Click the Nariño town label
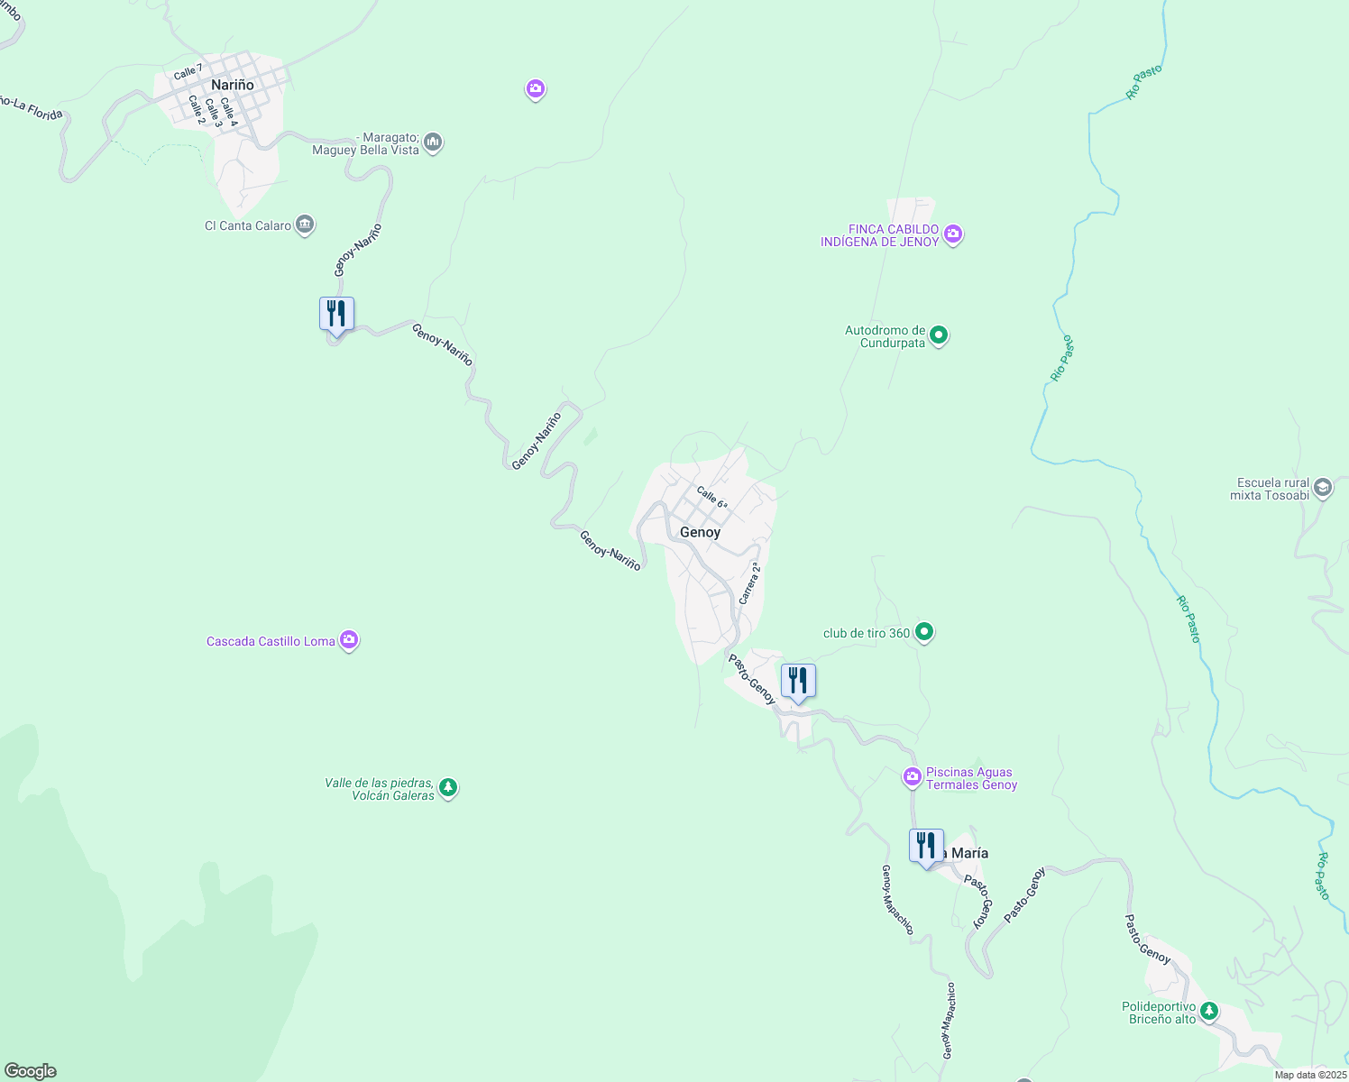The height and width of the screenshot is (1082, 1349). (x=233, y=85)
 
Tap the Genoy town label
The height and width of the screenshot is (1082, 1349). (x=700, y=532)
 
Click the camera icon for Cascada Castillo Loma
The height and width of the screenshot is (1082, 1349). (x=349, y=641)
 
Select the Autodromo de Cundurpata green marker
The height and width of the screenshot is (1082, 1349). (x=939, y=336)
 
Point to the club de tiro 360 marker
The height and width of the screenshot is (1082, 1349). (x=924, y=632)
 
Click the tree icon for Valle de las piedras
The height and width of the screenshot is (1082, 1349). (x=448, y=789)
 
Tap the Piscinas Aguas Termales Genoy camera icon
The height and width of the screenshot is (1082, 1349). (x=913, y=776)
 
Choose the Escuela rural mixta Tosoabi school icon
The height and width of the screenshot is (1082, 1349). (x=1323, y=488)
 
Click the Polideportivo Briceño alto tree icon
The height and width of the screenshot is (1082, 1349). (x=1209, y=1012)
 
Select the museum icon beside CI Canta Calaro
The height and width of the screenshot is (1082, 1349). (x=305, y=225)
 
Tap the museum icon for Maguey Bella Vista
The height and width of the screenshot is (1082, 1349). (x=433, y=142)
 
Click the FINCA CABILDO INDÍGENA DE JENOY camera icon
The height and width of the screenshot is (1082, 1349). (x=953, y=234)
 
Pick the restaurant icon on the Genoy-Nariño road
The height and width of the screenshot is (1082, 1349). (x=336, y=315)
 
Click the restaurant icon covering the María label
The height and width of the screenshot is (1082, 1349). (x=926, y=847)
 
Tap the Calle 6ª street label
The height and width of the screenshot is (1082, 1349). (x=712, y=498)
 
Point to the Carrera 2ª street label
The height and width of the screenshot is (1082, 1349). (x=749, y=583)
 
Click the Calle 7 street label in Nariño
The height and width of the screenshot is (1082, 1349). (x=188, y=71)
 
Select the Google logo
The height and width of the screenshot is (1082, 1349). (x=30, y=1071)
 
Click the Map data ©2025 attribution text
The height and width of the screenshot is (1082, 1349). (x=1310, y=1075)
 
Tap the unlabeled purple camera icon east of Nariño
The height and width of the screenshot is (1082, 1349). (x=536, y=88)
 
